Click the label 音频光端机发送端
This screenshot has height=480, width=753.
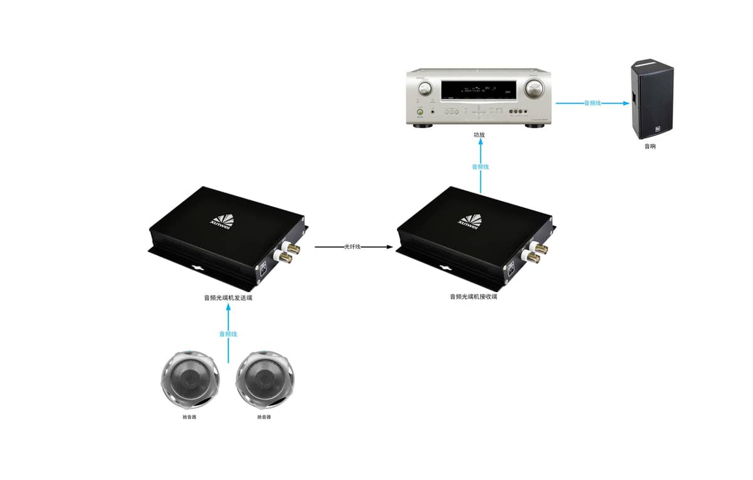coord(228,298)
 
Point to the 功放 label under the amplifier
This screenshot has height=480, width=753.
coord(479,135)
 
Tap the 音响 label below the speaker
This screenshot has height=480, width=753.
coord(650,146)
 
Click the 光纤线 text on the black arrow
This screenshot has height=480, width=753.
coord(353,247)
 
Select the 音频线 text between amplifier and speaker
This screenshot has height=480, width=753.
coord(592,102)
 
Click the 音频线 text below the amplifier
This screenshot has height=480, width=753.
coord(480,167)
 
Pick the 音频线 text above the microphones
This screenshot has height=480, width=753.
coord(228,334)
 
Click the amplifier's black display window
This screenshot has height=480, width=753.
coord(478,92)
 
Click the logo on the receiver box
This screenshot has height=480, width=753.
coord(470,219)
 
